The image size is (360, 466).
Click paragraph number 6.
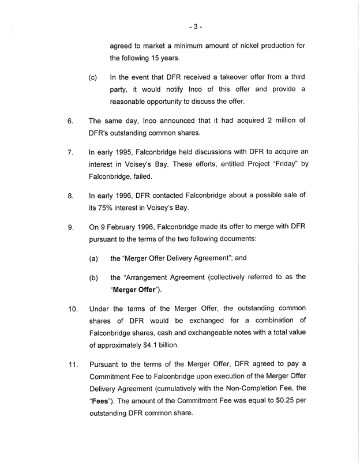click(70, 122)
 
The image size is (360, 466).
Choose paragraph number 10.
click(72, 310)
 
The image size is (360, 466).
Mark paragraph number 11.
click(72, 364)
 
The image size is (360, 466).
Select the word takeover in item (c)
click(237, 77)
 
